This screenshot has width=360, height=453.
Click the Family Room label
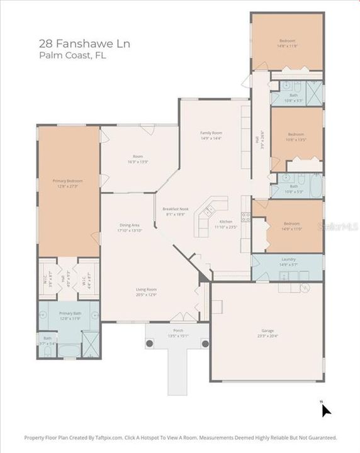(x=211, y=135)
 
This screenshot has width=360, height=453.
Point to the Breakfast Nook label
(x=176, y=211)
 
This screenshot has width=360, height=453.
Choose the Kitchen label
(x=226, y=224)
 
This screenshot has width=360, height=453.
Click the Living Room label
(x=147, y=292)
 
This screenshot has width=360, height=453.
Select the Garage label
(x=268, y=333)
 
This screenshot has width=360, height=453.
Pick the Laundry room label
(x=289, y=261)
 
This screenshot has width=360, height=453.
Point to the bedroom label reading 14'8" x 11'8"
(x=288, y=43)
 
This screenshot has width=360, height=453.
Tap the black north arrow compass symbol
(x=326, y=410)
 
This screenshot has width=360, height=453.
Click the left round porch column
(x=150, y=344)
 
